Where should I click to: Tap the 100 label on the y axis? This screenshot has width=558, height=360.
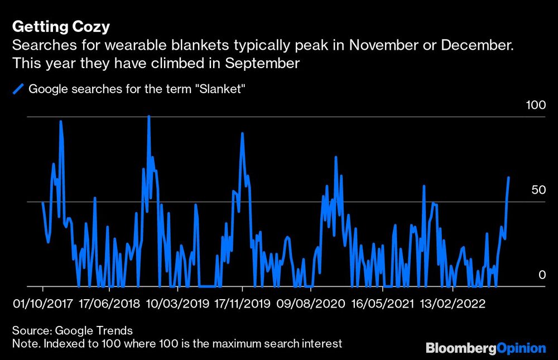coord(536,105)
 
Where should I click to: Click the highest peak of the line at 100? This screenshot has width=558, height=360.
coord(148,117)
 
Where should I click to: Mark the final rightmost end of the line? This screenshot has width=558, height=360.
coord(508,177)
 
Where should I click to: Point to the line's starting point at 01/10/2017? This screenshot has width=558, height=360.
coord(42,203)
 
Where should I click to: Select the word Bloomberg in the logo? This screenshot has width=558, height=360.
coord(460,348)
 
